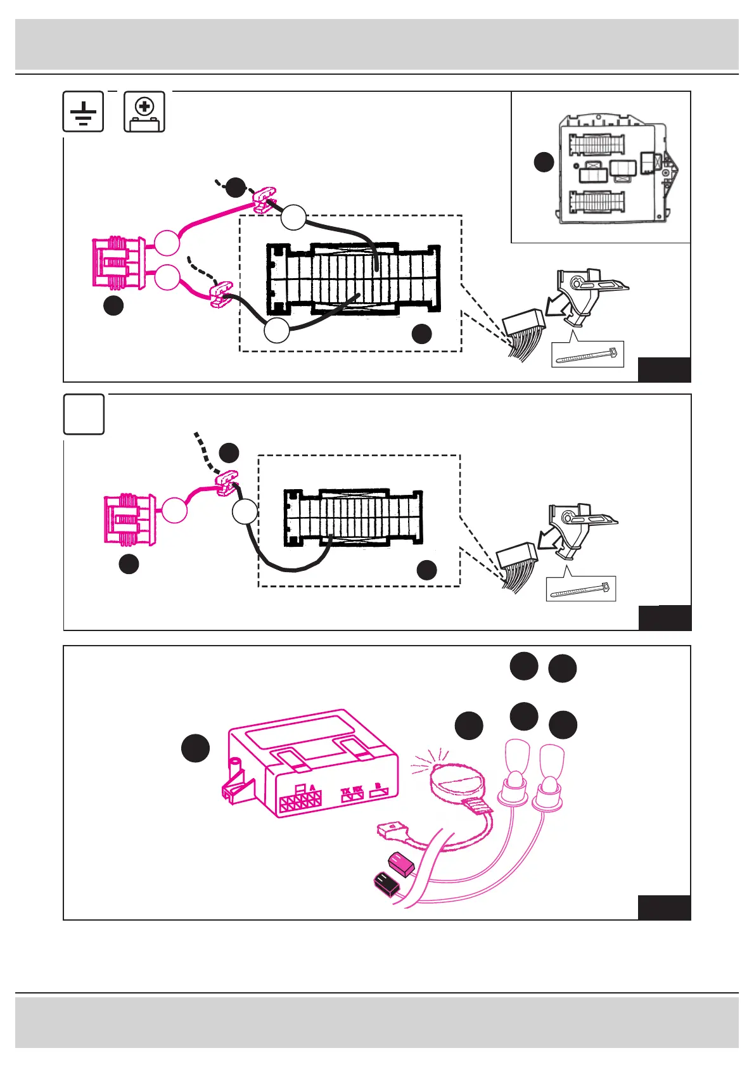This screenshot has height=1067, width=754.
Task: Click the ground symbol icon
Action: pyautogui.click(x=83, y=112)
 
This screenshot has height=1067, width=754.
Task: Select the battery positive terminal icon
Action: pyautogui.click(x=144, y=112)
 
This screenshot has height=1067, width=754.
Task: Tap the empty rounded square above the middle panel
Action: pyautogui.click(x=84, y=414)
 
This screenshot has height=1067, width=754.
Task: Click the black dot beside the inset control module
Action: pyautogui.click(x=544, y=162)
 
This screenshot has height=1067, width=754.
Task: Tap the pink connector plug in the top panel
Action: pyautogui.click(x=118, y=263)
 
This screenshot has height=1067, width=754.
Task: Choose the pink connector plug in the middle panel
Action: pyautogui.click(x=129, y=520)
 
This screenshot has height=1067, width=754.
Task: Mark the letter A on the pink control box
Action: pyautogui.click(x=312, y=788)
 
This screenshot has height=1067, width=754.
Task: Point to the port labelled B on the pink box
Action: pyautogui.click(x=378, y=788)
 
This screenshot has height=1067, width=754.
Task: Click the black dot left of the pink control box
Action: pyautogui.click(x=196, y=748)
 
